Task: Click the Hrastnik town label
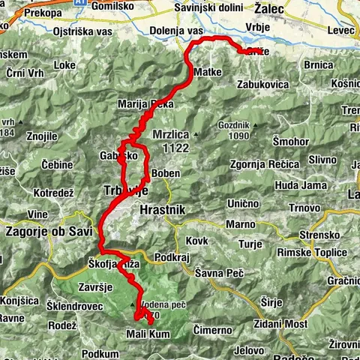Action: coord(161,211)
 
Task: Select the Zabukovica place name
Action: coord(262,85)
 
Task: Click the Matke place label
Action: coord(206,72)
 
